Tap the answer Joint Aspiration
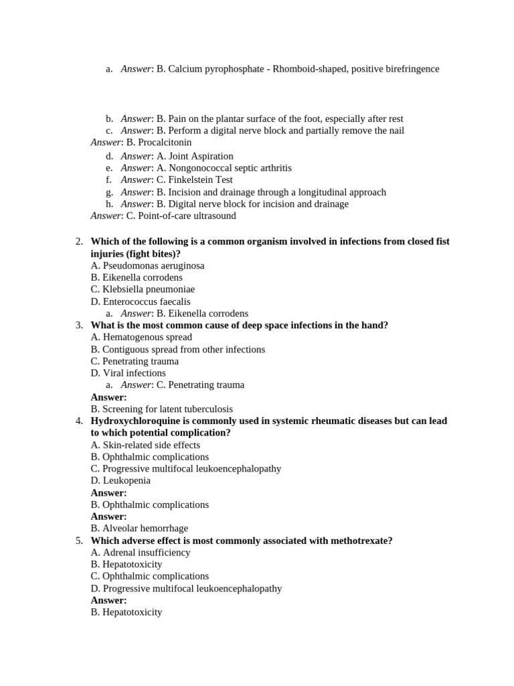[x=200, y=156]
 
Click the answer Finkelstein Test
[x=199, y=180]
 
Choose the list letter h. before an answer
[x=109, y=204]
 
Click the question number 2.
[x=79, y=242]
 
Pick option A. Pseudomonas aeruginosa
[x=147, y=266]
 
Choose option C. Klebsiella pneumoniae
[x=143, y=289]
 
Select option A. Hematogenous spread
[x=141, y=337]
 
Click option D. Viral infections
[x=128, y=373]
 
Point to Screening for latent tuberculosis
[x=161, y=409]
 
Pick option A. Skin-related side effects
[x=145, y=445]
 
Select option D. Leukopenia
[x=120, y=480]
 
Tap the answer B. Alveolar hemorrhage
[x=139, y=528]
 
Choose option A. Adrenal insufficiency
[x=141, y=553]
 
